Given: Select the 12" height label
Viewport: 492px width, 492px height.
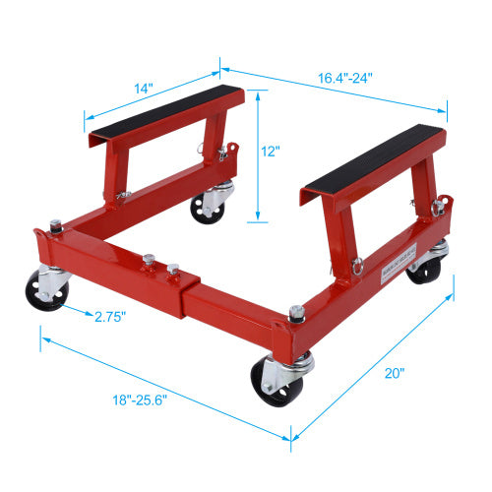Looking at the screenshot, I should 273,153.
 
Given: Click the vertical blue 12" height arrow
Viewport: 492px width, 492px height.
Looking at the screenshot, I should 258,155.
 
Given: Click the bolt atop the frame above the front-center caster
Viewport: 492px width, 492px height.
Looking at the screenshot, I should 294,314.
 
